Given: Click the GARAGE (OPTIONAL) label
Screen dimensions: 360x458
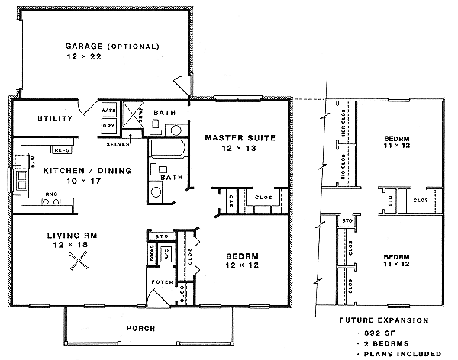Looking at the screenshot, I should [x=111, y=47].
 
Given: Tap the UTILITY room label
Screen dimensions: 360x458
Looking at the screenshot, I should [x=55, y=118].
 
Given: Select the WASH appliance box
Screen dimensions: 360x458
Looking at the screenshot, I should [x=108, y=111].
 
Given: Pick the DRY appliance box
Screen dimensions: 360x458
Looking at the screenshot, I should [x=108, y=125].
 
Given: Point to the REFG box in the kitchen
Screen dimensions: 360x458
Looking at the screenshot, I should [x=62, y=149].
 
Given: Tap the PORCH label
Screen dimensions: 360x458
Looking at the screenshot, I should [x=141, y=329].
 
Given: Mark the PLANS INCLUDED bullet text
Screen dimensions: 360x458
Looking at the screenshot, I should [x=405, y=353].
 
